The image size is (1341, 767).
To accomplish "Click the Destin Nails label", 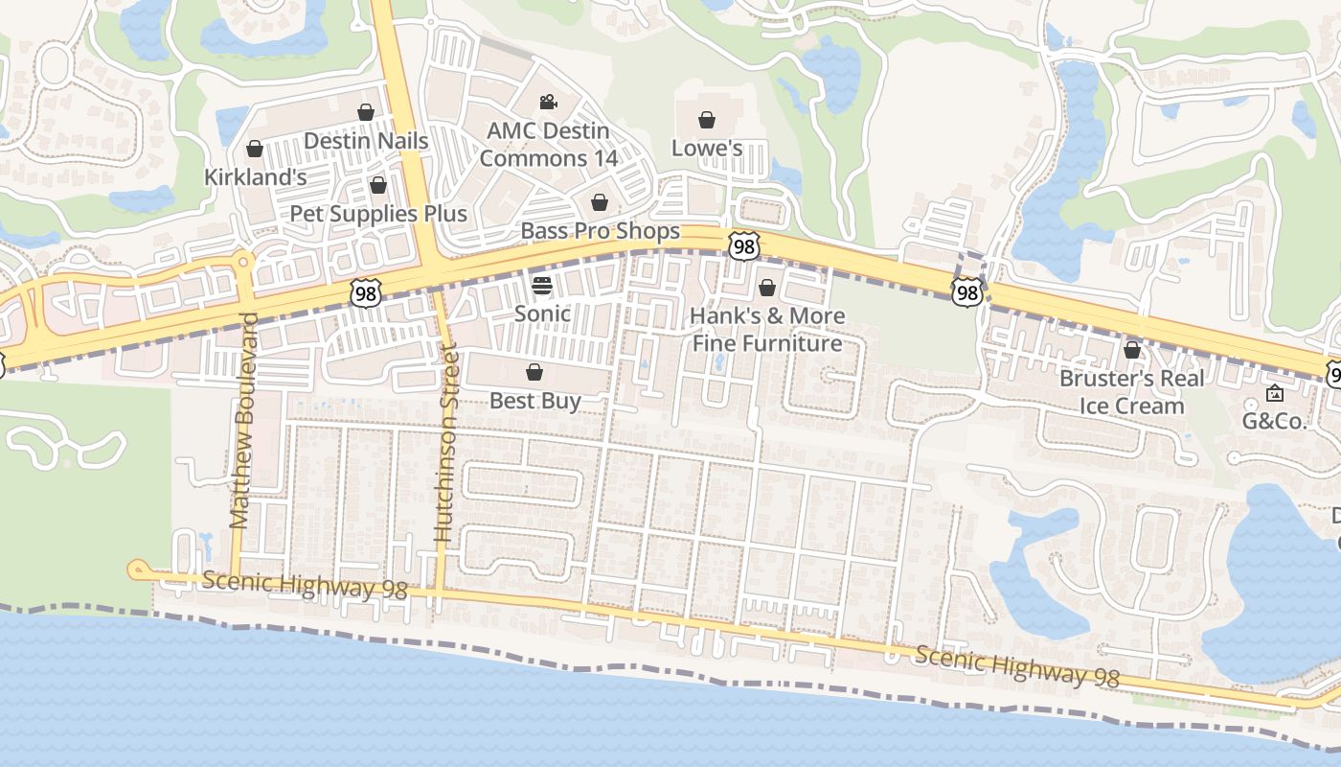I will [x=366, y=141].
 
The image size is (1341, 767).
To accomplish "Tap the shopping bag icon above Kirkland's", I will [x=255, y=149].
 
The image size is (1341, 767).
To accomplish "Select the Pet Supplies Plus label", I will [x=378, y=214].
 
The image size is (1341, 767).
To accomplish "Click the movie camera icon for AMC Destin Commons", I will [x=548, y=102].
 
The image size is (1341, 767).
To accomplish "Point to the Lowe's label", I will [x=707, y=148].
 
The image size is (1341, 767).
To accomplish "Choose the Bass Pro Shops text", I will [x=600, y=231].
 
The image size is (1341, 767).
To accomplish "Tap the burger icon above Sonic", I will [x=542, y=286].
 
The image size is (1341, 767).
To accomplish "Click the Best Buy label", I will [x=534, y=401].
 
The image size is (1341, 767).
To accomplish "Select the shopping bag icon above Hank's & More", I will [x=767, y=288].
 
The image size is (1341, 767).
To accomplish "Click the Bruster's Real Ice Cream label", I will [x=1131, y=392].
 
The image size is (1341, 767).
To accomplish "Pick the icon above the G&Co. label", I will [x=1275, y=393].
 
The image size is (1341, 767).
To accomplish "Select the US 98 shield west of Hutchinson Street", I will [x=365, y=293].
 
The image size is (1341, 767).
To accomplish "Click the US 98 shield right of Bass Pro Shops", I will [x=743, y=245].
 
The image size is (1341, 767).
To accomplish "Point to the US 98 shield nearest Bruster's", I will [x=967, y=291].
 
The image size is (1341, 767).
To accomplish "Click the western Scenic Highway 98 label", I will [x=305, y=585].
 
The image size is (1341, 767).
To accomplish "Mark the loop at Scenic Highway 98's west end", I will [x=136, y=570].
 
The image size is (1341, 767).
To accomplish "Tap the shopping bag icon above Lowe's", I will [x=707, y=120].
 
